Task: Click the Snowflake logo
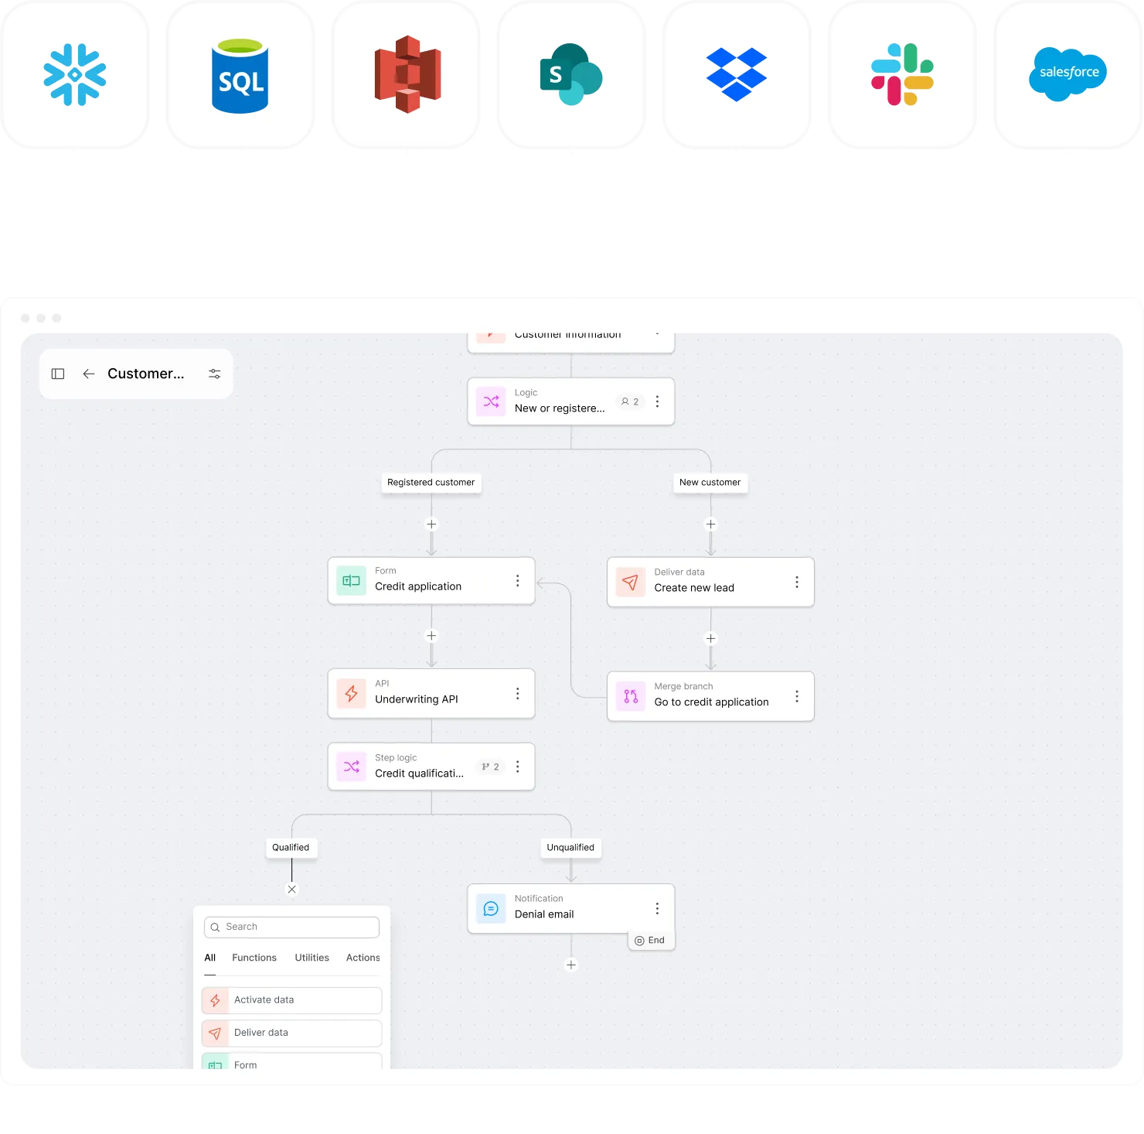(75, 74)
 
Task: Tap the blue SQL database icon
(240, 76)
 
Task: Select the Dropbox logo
(736, 74)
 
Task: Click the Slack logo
(902, 74)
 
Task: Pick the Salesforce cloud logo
(1068, 73)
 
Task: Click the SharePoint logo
(570, 74)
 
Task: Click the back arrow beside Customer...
(89, 374)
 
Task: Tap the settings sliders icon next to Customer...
(215, 374)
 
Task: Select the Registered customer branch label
(431, 483)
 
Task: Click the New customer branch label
(710, 483)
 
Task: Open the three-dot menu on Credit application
(518, 581)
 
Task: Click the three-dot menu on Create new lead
(797, 582)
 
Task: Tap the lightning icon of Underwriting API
(352, 693)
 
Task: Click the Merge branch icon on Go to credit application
(631, 696)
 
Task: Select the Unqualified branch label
(570, 848)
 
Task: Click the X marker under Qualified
(291, 890)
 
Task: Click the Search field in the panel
(292, 927)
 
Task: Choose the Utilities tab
(312, 958)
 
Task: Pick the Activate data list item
(292, 1000)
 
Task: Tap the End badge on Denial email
(650, 941)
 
